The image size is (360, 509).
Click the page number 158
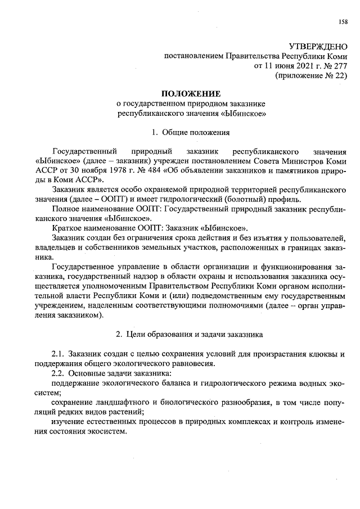343,22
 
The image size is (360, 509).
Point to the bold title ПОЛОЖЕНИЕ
191,93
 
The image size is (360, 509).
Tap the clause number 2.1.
58,354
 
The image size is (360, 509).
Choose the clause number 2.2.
58,373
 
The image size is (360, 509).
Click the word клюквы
326,354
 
